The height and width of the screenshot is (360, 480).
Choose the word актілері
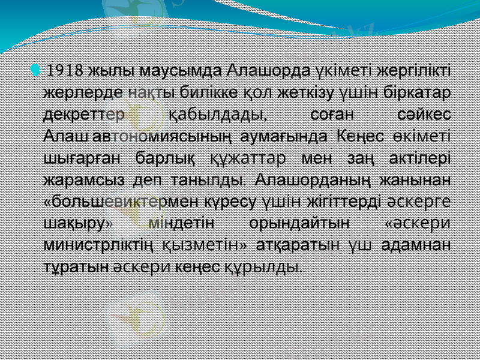416,158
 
